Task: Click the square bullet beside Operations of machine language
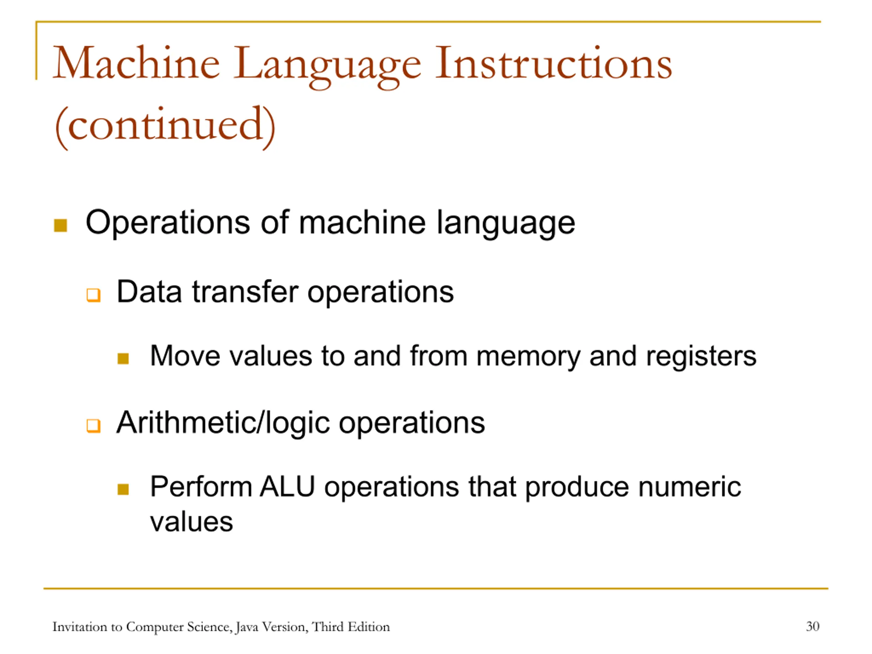60,225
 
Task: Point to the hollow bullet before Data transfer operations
93,295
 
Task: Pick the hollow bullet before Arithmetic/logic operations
93,426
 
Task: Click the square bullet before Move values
123,358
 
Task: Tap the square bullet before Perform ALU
123,489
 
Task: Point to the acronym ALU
287,486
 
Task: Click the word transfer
245,292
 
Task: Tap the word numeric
690,486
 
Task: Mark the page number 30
813,626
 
